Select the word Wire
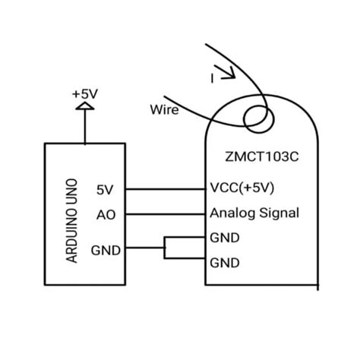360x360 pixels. (164, 110)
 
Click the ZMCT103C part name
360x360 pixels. (260, 158)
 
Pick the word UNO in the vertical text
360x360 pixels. (73, 192)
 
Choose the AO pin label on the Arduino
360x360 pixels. (105, 214)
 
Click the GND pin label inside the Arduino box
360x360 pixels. (105, 249)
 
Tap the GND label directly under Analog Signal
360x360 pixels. (224, 238)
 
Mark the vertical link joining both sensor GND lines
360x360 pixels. (165, 248)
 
